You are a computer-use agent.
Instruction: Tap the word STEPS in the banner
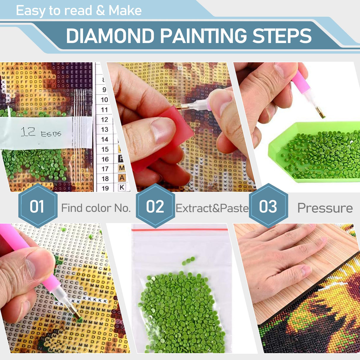(x=282, y=36)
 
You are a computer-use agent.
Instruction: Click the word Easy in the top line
(x=30, y=11)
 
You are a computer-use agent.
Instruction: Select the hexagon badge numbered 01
(x=37, y=206)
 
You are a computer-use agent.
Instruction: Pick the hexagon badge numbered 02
(x=155, y=206)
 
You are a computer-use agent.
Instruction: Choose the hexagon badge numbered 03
(x=268, y=206)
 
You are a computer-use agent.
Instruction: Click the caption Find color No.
(x=96, y=208)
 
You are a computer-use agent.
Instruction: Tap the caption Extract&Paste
(x=212, y=208)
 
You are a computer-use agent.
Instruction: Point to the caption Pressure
(x=325, y=208)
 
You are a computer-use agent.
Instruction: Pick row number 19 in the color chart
(x=105, y=188)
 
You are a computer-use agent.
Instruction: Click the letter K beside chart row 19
(x=122, y=187)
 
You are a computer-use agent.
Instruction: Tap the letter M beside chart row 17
(x=122, y=168)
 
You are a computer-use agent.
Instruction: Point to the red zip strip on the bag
(x=180, y=230)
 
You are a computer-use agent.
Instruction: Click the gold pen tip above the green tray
(x=321, y=113)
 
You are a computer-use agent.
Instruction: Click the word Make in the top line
(x=125, y=11)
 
